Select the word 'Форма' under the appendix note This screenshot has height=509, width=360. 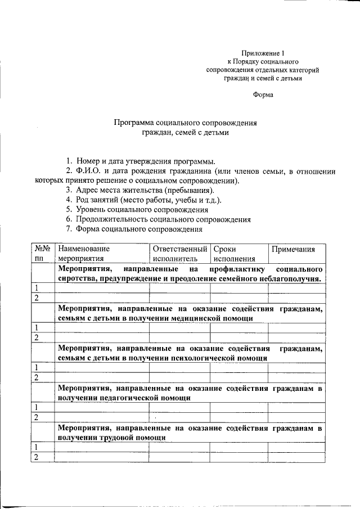click(263, 95)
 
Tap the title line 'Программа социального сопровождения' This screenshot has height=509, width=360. click(186, 123)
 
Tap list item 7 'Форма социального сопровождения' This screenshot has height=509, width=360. click(139, 229)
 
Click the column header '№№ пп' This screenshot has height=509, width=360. click(43, 254)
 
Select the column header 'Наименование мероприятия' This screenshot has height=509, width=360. click(84, 254)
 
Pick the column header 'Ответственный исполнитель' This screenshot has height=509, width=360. click(179, 254)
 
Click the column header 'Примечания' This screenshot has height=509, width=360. click(293, 249)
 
